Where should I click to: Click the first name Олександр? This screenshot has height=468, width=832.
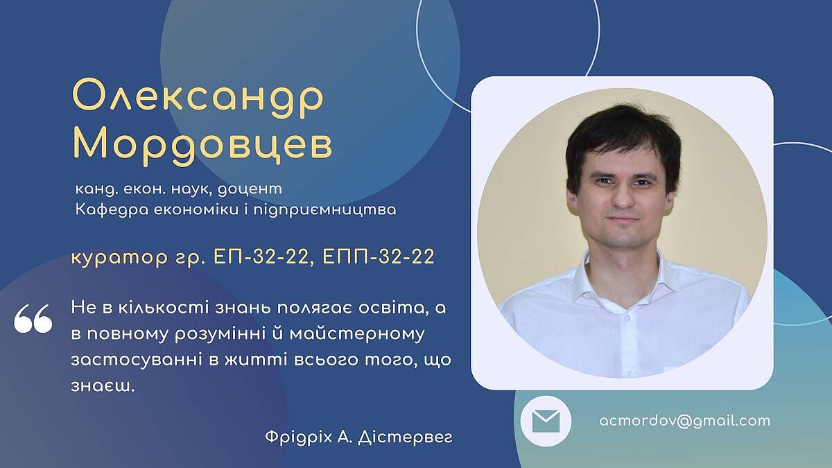pyautogui.click(x=198, y=98)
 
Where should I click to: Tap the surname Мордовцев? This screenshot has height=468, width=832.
pyautogui.click(x=202, y=146)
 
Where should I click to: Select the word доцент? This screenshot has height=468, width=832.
pyautogui.click(x=250, y=189)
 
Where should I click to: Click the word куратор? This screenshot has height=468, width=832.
pyautogui.click(x=119, y=257)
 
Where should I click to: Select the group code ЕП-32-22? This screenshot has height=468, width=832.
pyautogui.click(x=261, y=257)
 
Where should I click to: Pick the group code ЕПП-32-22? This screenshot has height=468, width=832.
pyautogui.click(x=379, y=257)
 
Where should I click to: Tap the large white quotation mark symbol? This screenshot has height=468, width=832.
pyautogui.click(x=33, y=318)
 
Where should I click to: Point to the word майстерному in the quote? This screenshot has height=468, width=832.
pyautogui.click(x=357, y=334)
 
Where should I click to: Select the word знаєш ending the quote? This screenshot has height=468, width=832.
pyautogui.click(x=103, y=386)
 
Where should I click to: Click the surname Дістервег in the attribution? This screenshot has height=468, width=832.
pyautogui.click(x=405, y=437)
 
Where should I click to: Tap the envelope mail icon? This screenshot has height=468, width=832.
pyautogui.click(x=546, y=422)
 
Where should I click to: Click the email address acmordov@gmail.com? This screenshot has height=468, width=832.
pyautogui.click(x=685, y=421)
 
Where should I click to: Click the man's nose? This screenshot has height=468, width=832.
pyautogui.click(x=623, y=198)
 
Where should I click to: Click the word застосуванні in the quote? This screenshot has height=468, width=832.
pyautogui.click(x=136, y=360)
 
